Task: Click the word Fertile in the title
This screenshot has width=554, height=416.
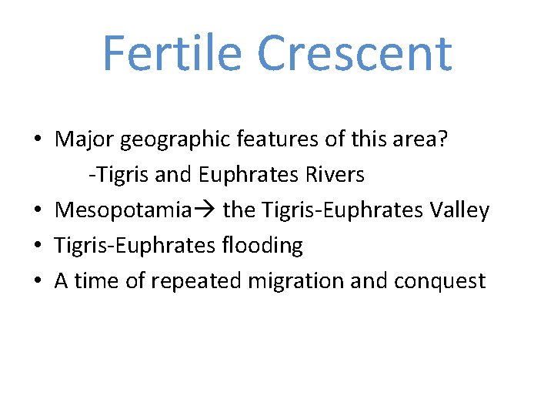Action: pos(173,53)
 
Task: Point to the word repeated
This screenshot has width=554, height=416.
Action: pos(195,281)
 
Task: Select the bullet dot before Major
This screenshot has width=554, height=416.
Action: pos(37,141)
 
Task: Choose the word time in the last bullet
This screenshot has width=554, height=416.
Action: pos(97,281)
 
